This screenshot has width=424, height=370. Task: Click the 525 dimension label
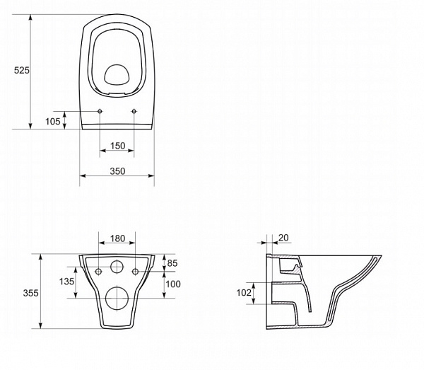click(x=21, y=70)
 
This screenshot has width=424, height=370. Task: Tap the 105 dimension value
click(x=53, y=121)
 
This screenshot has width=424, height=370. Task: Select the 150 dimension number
click(x=117, y=146)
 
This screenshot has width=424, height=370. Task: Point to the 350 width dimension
click(x=117, y=172)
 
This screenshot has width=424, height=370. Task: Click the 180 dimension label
click(x=117, y=240)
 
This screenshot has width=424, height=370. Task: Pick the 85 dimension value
click(x=172, y=264)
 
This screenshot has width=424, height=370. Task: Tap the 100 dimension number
click(x=172, y=284)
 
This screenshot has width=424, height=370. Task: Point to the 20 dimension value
click(x=283, y=238)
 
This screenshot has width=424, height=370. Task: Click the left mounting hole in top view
click(x=100, y=111)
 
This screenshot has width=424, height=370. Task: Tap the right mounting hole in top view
click(x=134, y=111)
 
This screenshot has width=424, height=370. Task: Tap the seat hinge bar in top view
click(x=117, y=125)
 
